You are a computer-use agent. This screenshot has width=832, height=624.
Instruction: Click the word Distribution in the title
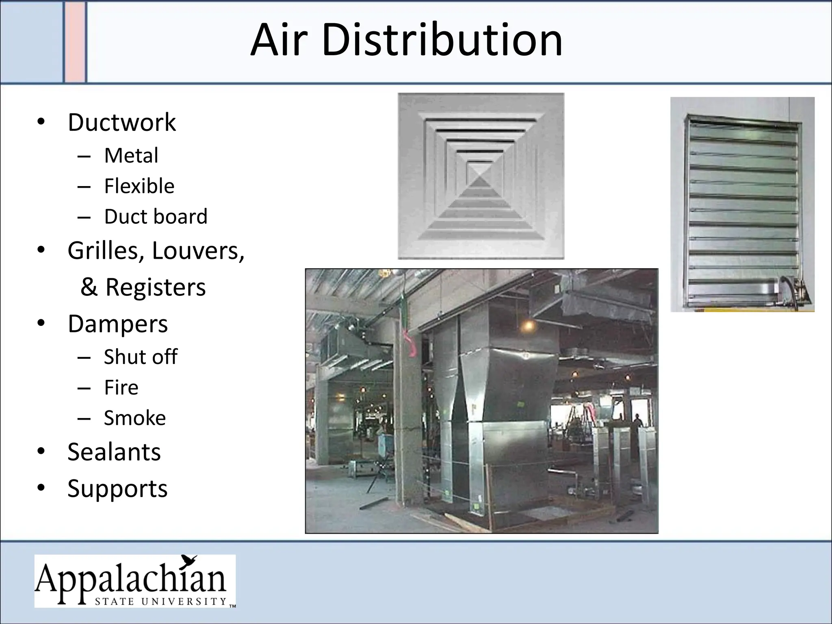442,40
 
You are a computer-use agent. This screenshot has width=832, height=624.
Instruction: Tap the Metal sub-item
131,155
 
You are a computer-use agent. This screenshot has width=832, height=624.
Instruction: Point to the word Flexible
139,186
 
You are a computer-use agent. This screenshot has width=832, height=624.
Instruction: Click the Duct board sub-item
156,216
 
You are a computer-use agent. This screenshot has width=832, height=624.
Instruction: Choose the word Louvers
198,251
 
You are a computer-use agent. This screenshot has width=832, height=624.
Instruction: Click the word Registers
155,287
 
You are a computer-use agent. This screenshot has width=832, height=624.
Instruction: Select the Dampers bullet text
117,324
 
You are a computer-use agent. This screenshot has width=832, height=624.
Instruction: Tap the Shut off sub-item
141,357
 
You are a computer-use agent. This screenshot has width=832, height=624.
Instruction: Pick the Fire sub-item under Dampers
121,387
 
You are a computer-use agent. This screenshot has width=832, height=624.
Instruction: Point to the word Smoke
135,418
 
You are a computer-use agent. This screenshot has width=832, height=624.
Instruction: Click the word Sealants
114,452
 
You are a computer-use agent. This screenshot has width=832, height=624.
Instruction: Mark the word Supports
117,488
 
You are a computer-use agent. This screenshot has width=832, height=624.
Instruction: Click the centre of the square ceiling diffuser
481,176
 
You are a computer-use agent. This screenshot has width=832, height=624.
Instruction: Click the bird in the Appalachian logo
189,561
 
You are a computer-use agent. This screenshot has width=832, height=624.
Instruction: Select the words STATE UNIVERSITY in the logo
160,601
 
